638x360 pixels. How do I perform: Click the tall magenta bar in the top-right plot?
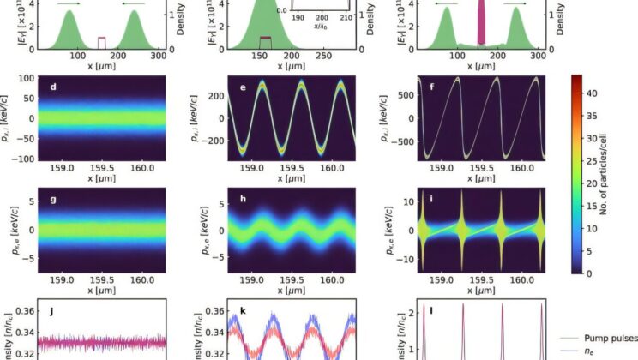tap(481, 21)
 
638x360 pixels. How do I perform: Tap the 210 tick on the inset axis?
tap(346, 16)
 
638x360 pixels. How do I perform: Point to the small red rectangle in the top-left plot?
tap(102, 43)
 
